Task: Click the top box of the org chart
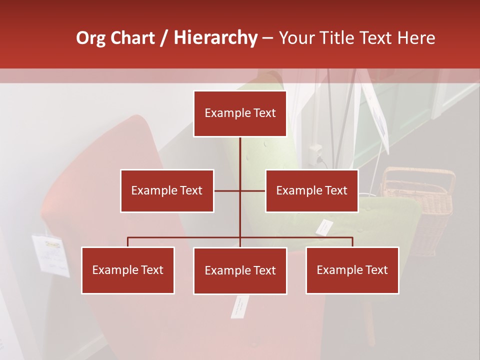(x=240, y=113)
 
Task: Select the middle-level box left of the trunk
(x=167, y=190)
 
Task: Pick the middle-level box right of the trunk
(x=311, y=190)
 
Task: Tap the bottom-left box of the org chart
(x=128, y=270)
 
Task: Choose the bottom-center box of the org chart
(x=240, y=270)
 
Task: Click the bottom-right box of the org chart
(x=352, y=270)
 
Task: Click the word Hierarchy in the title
(x=215, y=38)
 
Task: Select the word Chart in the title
(x=132, y=38)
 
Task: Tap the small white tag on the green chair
(x=324, y=227)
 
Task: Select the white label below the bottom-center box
(x=239, y=306)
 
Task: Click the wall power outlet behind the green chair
(x=315, y=152)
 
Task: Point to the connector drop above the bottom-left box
(x=128, y=242)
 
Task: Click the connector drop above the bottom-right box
(x=352, y=242)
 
